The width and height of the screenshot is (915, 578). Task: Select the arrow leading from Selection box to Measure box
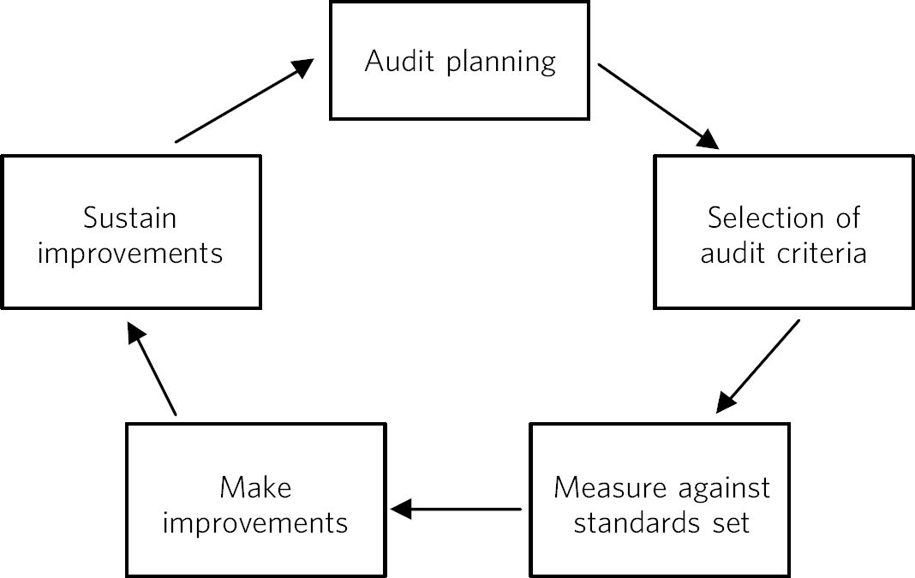[x=759, y=365]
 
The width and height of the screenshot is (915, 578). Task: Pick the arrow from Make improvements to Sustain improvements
[x=152, y=369]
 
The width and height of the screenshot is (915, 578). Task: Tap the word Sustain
[x=130, y=218]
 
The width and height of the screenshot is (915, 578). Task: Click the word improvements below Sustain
[x=130, y=254]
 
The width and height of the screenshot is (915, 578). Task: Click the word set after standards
[x=730, y=522]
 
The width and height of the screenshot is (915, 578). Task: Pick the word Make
[x=255, y=488]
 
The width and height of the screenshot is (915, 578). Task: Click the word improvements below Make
[x=255, y=522]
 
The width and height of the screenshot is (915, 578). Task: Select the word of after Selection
[x=846, y=218]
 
